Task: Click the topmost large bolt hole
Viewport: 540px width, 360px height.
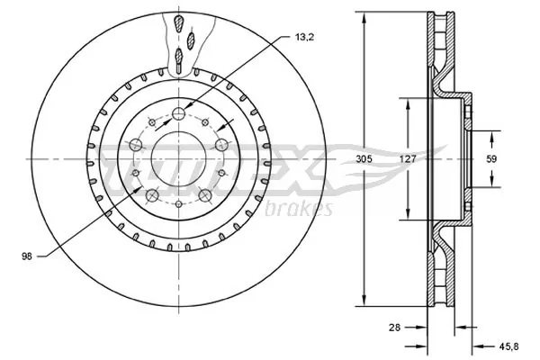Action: point(179,113)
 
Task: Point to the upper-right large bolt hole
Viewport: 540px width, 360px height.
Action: point(220,143)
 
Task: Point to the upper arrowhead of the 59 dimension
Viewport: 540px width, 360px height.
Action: point(492,135)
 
